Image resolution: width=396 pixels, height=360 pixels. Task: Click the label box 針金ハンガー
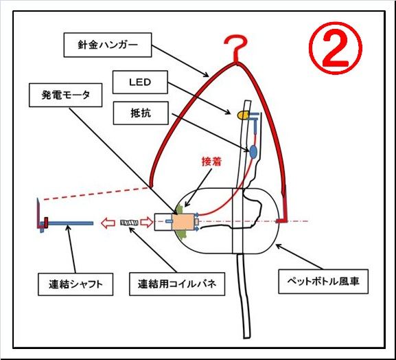tap(108, 45)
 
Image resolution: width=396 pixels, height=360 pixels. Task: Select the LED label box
tap(140, 82)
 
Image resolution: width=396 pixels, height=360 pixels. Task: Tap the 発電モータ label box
tap(66, 95)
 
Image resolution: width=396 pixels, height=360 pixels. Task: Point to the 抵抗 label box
tap(141, 113)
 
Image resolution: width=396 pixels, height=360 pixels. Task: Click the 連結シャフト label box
tap(75, 284)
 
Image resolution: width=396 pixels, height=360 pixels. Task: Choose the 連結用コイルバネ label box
tap(177, 284)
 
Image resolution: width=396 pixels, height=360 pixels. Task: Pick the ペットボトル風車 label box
tap(323, 282)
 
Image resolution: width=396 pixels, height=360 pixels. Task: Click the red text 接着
tap(211, 161)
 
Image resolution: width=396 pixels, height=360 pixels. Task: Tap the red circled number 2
tap(336, 48)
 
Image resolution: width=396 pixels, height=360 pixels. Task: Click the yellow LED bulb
tap(243, 115)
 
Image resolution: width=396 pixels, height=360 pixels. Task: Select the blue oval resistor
tap(253, 152)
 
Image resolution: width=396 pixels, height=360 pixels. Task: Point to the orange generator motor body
tap(183, 222)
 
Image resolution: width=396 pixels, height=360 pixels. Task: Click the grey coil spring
tap(129, 223)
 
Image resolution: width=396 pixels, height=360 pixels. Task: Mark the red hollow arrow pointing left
tap(108, 223)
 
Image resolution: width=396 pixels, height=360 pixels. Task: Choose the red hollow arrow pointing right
tap(146, 223)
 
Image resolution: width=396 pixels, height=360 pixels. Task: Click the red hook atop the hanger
tap(236, 48)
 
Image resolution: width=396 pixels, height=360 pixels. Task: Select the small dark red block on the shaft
tap(46, 222)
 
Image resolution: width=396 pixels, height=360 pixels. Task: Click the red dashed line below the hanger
tap(97, 194)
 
